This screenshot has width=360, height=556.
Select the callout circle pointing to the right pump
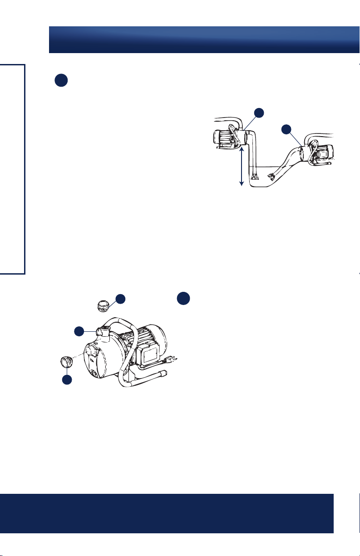286,129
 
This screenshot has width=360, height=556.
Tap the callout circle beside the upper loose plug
120,299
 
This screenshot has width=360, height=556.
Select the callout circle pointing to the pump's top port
80,331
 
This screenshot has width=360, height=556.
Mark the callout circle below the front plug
67,380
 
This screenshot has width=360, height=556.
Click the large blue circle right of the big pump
183,298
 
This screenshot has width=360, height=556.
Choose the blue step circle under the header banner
61,80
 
